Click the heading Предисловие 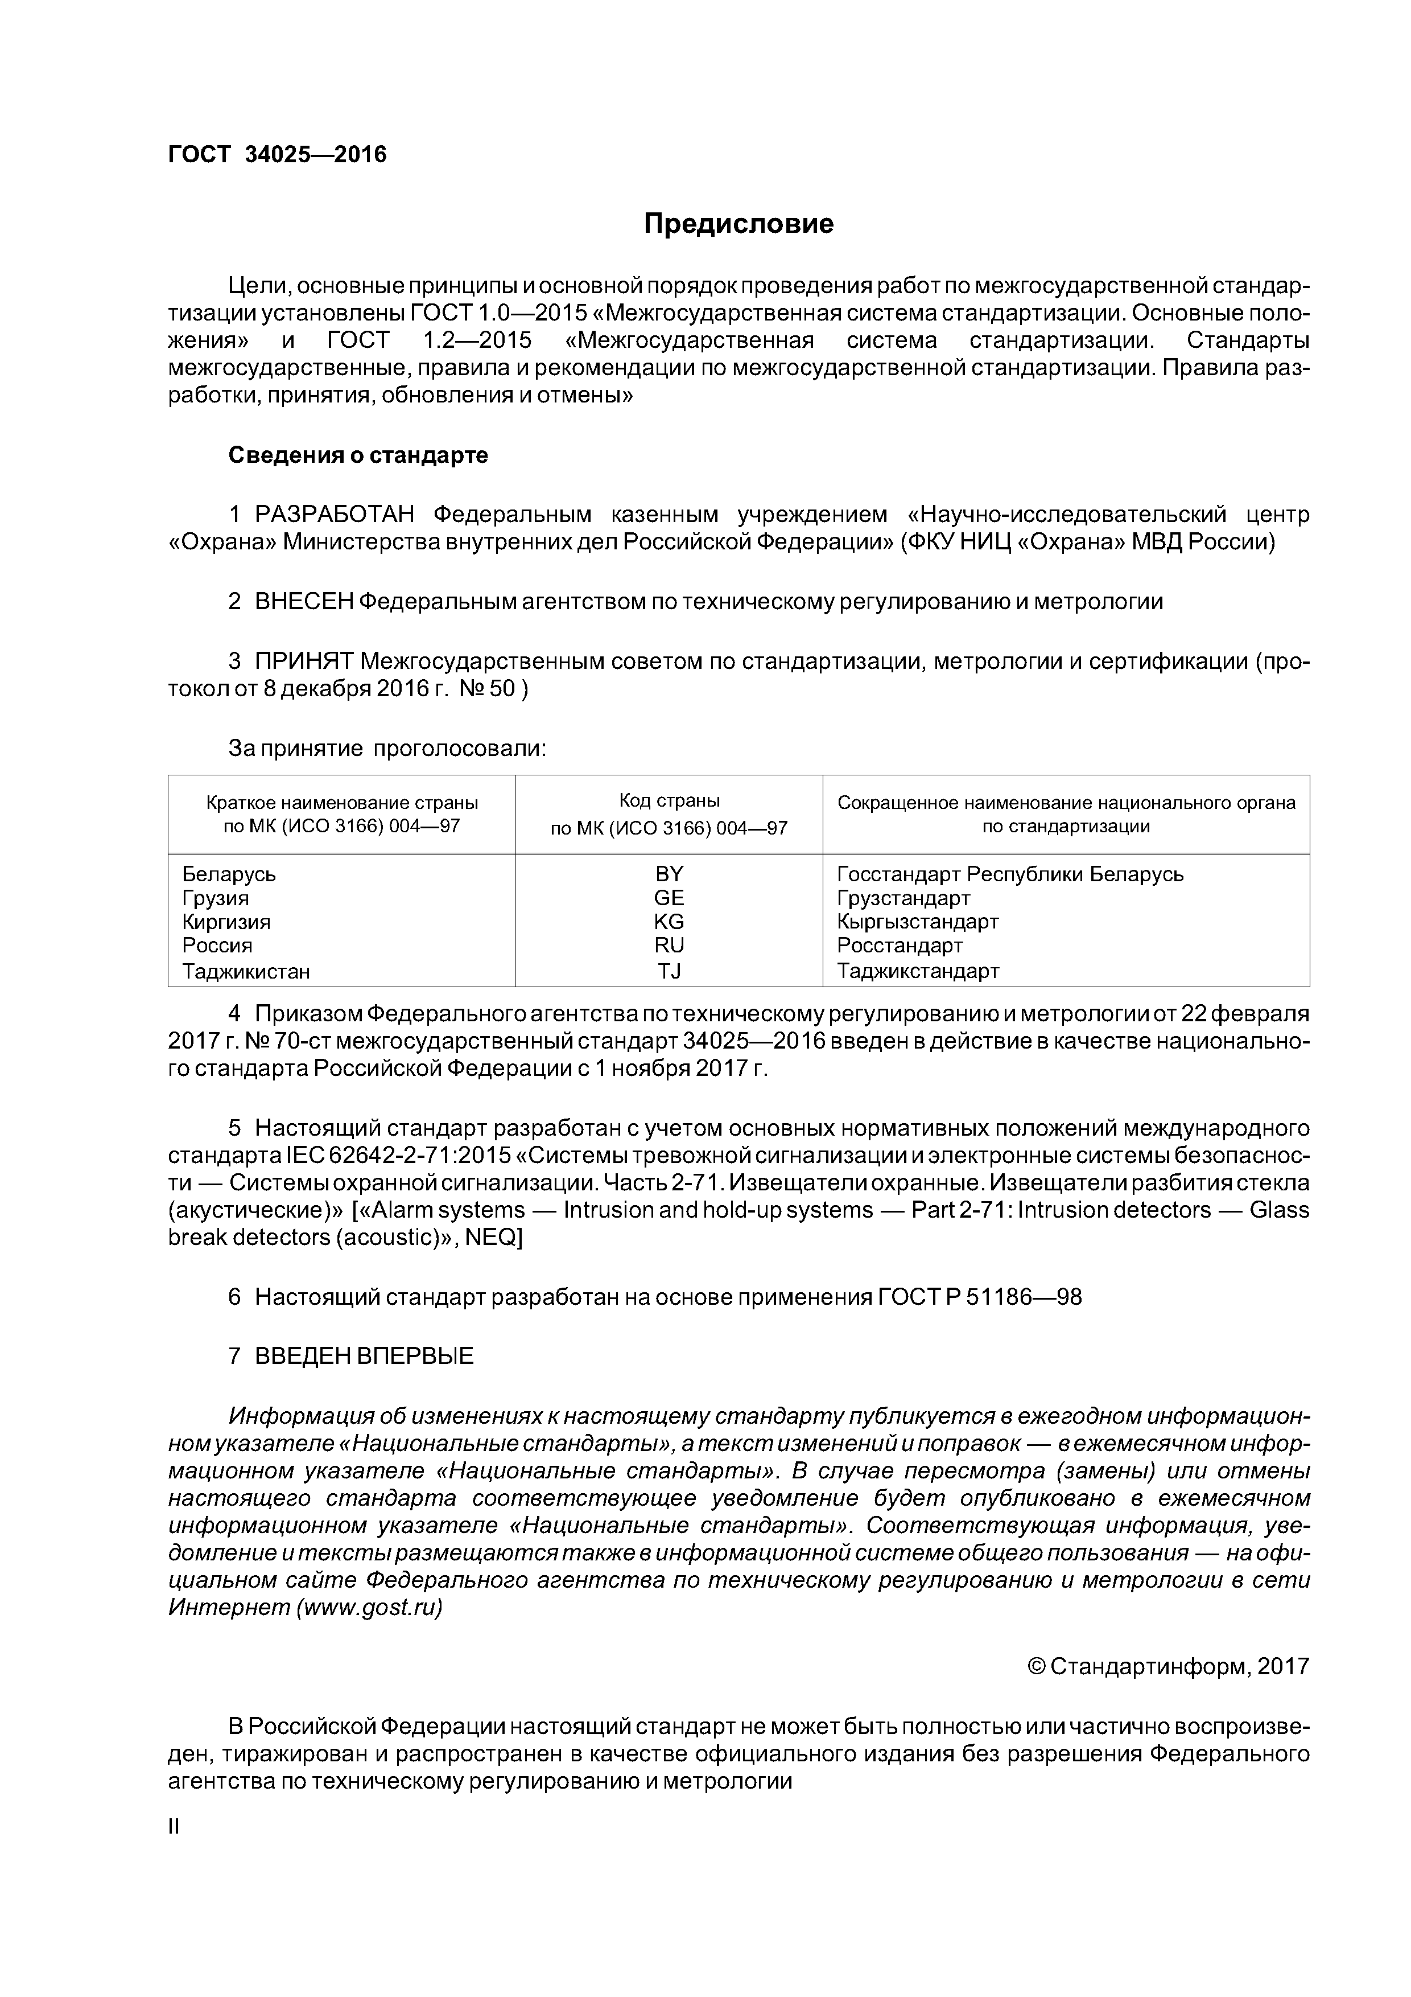pyautogui.click(x=738, y=224)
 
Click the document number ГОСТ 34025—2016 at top pyautogui.click(x=277, y=155)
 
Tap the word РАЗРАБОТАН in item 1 pyautogui.click(x=335, y=515)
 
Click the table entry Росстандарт pyautogui.click(x=900, y=946)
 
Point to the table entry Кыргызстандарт pyautogui.click(x=917, y=921)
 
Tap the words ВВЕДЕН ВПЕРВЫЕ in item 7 pyautogui.click(x=364, y=1356)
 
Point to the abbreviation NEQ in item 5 pyautogui.click(x=489, y=1238)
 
